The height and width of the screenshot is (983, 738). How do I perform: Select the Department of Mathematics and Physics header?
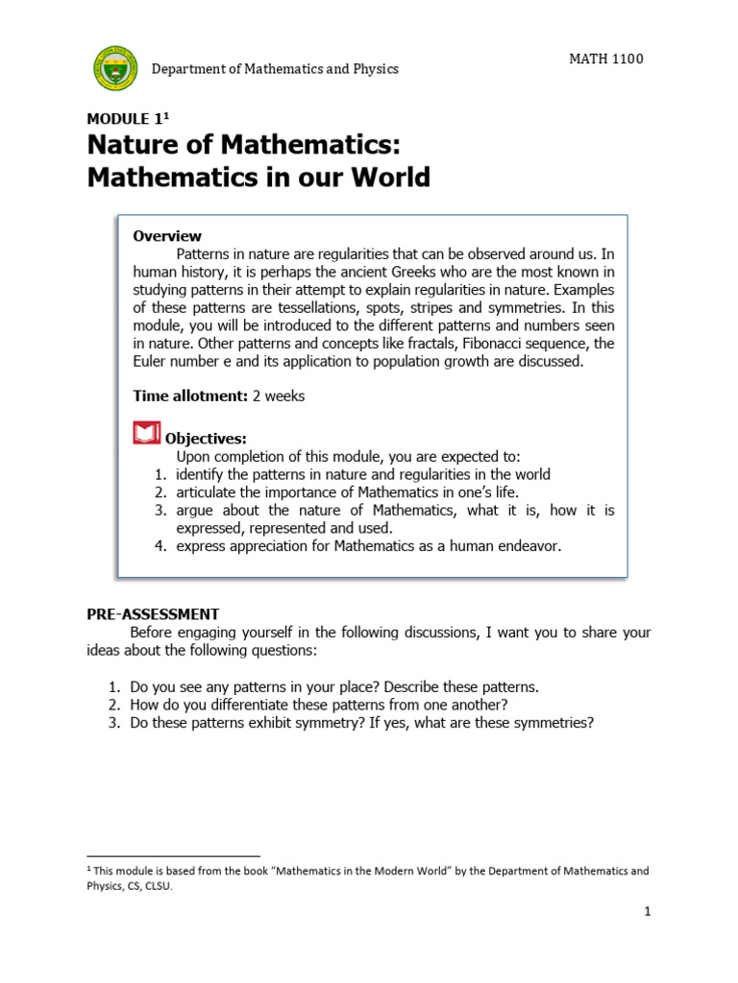(275, 69)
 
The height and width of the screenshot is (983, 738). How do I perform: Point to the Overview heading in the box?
(167, 236)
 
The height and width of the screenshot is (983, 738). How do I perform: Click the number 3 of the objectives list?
(160, 511)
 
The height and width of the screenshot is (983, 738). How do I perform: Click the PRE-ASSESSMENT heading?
(153, 614)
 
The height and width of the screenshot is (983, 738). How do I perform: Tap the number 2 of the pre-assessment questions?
(111, 706)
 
